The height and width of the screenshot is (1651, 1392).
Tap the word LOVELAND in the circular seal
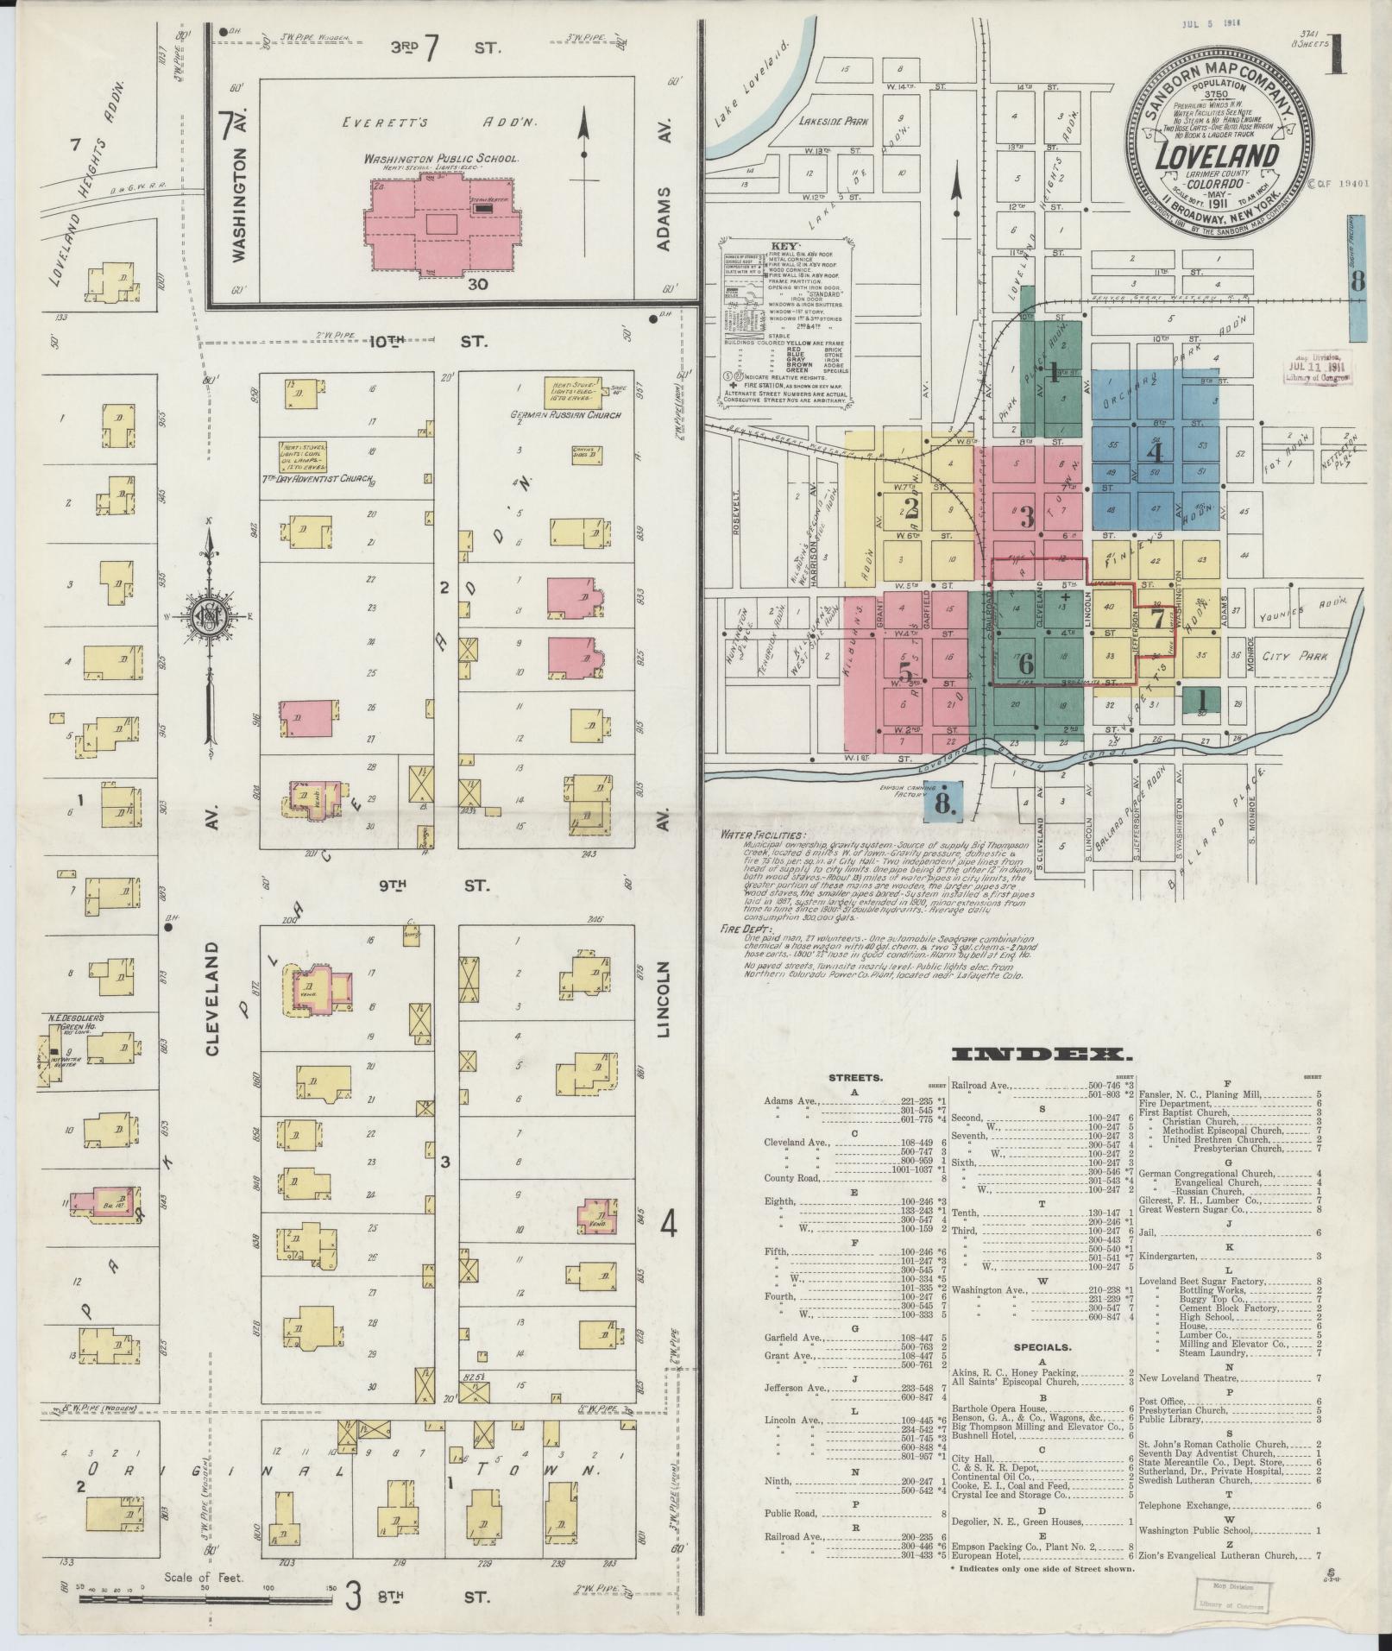tap(1217, 157)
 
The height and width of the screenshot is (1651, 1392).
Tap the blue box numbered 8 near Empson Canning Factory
tap(944, 800)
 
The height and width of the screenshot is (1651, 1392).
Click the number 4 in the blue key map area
tap(1155, 451)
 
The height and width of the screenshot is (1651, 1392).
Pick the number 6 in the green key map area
tap(1025, 664)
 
